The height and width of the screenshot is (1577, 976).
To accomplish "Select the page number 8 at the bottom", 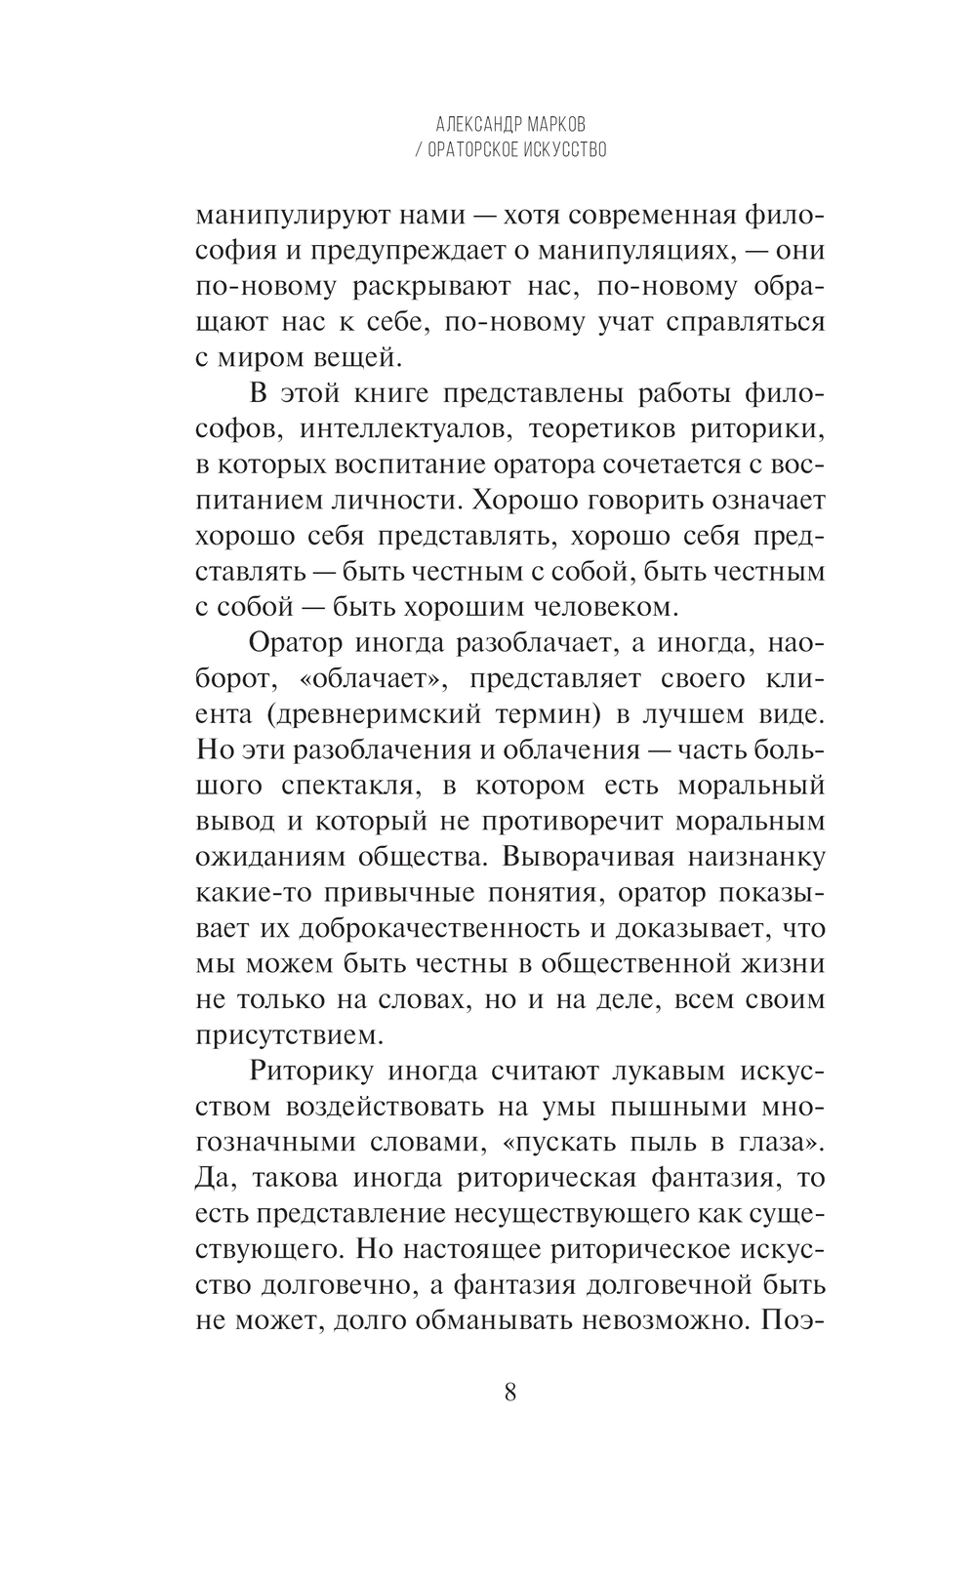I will (510, 1392).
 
